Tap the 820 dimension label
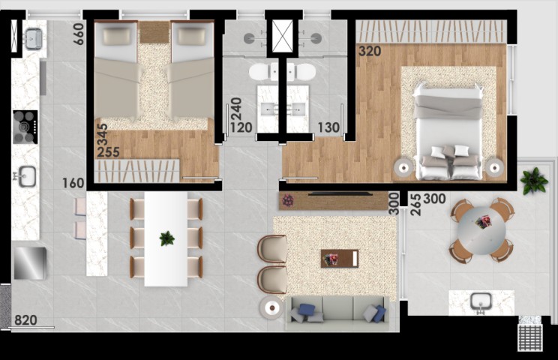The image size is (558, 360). click(x=25, y=320)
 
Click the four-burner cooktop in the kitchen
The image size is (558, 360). click(x=25, y=126)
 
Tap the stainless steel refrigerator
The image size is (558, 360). click(x=30, y=262)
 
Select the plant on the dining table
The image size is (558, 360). click(x=166, y=238)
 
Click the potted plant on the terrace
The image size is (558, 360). click(x=534, y=181)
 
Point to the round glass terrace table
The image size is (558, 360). click(x=482, y=229)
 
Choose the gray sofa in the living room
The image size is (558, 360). click(x=337, y=311)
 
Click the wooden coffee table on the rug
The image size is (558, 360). click(x=340, y=258)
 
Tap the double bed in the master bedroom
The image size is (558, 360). click(x=449, y=133)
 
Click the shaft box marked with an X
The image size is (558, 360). click(x=284, y=35)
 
